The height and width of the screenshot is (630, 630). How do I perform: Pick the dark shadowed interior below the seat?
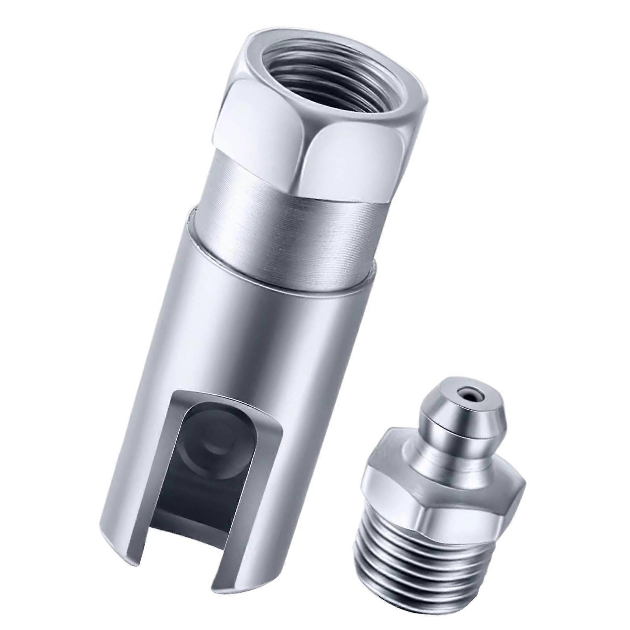(x=205, y=500)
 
